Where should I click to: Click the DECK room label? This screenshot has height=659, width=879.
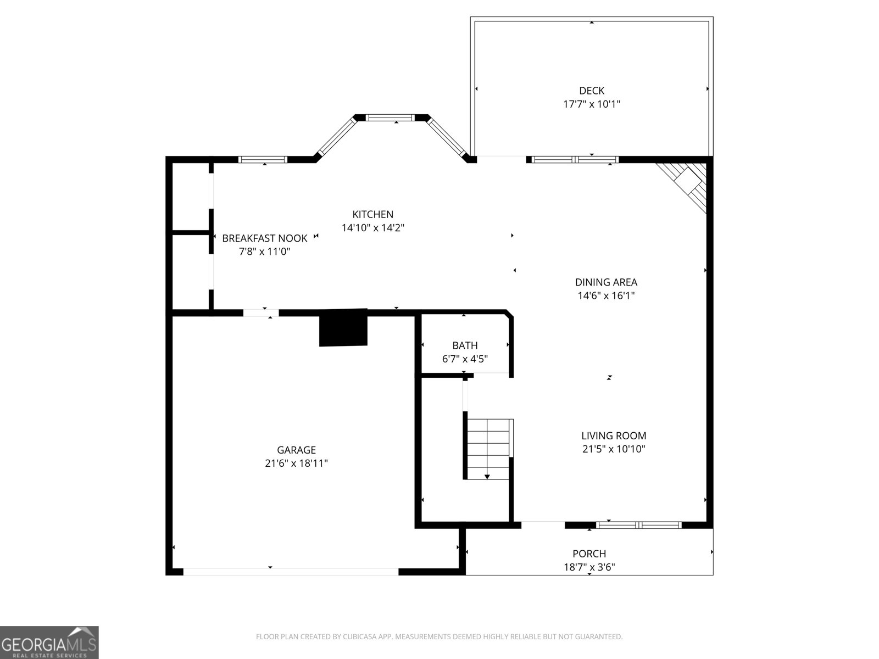[591, 91]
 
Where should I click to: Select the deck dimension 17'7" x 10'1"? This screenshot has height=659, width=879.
[591, 104]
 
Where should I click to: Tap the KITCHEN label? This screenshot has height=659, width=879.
[372, 214]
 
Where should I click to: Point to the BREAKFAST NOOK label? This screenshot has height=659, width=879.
[264, 238]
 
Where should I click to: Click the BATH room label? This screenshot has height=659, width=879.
[465, 345]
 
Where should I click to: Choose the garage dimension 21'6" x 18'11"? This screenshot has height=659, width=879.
[296, 463]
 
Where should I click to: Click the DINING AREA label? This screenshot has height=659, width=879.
[606, 282]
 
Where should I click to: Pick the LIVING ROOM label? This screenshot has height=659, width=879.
[614, 435]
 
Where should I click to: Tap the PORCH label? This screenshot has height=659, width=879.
[589, 554]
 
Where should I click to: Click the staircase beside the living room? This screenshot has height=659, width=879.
[488, 449]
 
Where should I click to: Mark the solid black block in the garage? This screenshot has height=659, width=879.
[343, 328]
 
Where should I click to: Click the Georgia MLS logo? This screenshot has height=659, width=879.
[49, 642]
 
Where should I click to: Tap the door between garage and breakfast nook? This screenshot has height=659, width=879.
[261, 313]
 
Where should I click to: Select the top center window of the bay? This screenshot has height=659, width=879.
[391, 118]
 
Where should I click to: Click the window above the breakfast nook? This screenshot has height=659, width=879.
[263, 160]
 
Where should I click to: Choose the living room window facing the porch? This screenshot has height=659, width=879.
[638, 525]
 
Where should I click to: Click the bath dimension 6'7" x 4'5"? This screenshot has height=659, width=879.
[465, 359]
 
